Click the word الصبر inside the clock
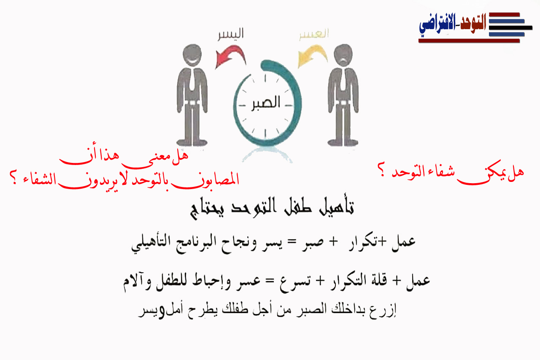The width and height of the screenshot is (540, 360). point(265,103)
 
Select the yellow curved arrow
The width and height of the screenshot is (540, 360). point(313,55)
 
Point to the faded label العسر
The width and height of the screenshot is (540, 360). point(314,34)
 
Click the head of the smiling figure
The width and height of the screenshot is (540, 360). point(192,55)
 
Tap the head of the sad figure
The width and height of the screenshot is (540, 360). point(343,55)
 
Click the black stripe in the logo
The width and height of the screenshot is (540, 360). point(510,28)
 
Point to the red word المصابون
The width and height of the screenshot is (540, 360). point(205,180)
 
